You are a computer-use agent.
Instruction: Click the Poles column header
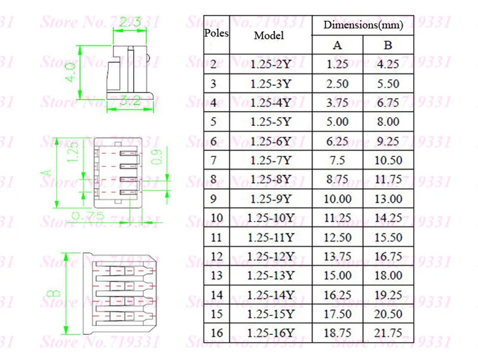coord(216,33)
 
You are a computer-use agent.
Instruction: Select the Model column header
coord(269,35)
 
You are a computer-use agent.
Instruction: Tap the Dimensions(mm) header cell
coord(363,25)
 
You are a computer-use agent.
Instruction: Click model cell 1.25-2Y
coord(271,64)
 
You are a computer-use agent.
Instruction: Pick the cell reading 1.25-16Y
coord(271,333)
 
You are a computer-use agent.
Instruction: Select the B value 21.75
coord(388,333)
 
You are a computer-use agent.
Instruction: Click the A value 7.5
coord(338,160)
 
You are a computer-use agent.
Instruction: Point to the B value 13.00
coord(388,199)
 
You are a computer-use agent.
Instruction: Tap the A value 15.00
coord(338,275)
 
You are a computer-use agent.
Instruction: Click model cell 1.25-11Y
coord(271,237)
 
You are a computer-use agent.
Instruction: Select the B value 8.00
coord(388,122)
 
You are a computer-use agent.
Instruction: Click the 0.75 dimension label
coord(88,216)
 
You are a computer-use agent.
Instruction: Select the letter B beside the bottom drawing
coord(54,293)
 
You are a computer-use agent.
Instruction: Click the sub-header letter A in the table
coord(338,45)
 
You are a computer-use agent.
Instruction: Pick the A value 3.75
coord(338,103)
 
